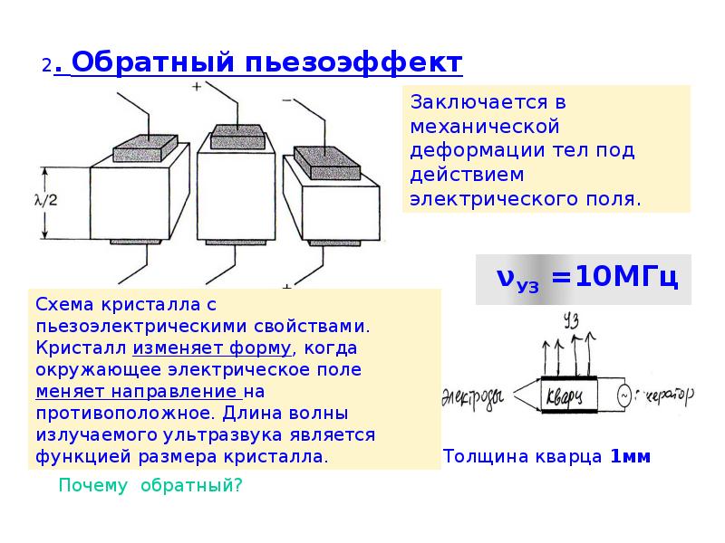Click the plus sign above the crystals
tap(197, 87)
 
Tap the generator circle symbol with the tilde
tap(623, 395)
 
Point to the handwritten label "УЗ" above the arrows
tap(570, 319)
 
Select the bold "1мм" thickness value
tap(630, 457)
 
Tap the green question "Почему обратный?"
tap(150, 485)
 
